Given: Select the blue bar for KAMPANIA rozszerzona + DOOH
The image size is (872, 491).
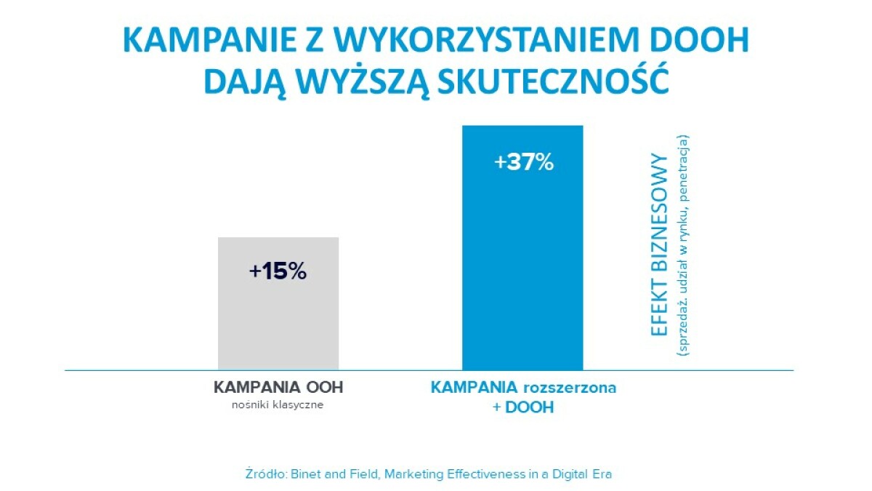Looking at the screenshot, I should pos(522,276).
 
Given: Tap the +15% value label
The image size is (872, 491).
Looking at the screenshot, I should pos(278,271).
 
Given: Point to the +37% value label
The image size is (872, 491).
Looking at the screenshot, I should pos(524,162).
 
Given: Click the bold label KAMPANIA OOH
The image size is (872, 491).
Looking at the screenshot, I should pos(278,388).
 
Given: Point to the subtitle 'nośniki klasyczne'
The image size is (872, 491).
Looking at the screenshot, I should pos(278,405).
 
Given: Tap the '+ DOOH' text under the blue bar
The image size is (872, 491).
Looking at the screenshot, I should pos(522,407).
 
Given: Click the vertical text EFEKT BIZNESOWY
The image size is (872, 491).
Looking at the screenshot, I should pos(659,244).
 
